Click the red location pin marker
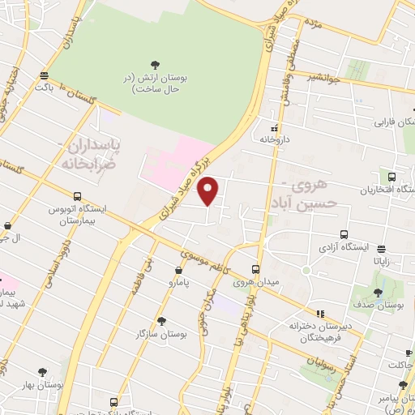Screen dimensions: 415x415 tap(209, 190)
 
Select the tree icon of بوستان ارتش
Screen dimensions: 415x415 tap(156, 63)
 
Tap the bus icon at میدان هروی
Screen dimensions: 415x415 tap(255, 270)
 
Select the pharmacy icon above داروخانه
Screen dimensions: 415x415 tap(275, 127)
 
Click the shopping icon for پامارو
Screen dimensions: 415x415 tap(179, 271)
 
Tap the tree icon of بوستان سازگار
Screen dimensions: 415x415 tap(161, 321)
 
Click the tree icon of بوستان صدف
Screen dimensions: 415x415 tap(378, 293)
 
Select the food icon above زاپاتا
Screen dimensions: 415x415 tap(382, 249)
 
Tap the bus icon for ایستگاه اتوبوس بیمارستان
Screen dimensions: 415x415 tap(77, 196)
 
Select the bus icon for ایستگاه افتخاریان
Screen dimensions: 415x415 tap(392, 177)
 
